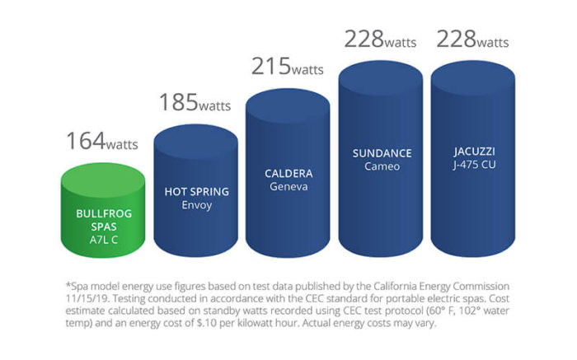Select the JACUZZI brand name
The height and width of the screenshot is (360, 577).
[x=469, y=153]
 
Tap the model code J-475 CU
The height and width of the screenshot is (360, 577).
[x=469, y=166]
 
